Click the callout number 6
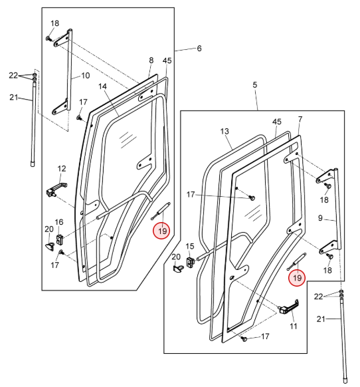[x=199, y=49]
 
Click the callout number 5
[x=254, y=85]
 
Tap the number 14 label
[x=102, y=86]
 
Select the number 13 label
[x=225, y=131]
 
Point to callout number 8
[x=151, y=61]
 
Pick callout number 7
[x=300, y=119]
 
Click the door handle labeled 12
[x=56, y=189]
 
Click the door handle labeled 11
[x=289, y=307]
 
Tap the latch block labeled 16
[x=60, y=239]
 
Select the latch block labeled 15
[x=190, y=262]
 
